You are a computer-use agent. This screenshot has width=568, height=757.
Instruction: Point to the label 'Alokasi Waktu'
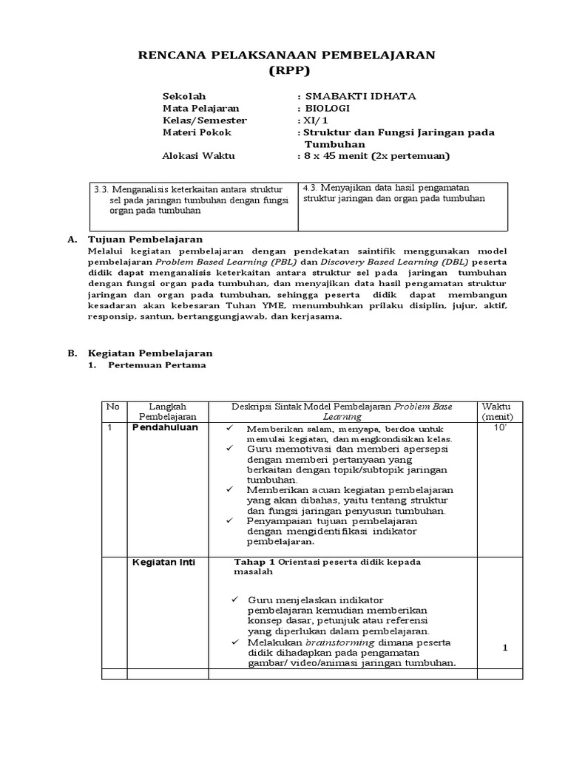pos(196,156)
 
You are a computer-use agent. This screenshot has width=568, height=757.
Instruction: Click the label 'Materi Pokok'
pos(196,132)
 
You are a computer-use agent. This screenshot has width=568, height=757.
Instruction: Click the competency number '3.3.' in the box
pos(102,189)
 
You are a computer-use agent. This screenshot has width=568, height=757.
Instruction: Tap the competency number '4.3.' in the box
pos(311,188)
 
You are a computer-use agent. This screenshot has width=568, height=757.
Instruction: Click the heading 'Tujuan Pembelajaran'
pos(145,240)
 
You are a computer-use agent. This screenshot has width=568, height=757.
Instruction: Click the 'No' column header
pos(112,407)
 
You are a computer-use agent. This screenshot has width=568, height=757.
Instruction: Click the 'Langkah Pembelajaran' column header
pos(168,412)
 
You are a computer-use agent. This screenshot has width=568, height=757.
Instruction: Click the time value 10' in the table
pos(500,428)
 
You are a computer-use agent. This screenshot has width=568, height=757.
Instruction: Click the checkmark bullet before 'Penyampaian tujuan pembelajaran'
pos(231,521)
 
